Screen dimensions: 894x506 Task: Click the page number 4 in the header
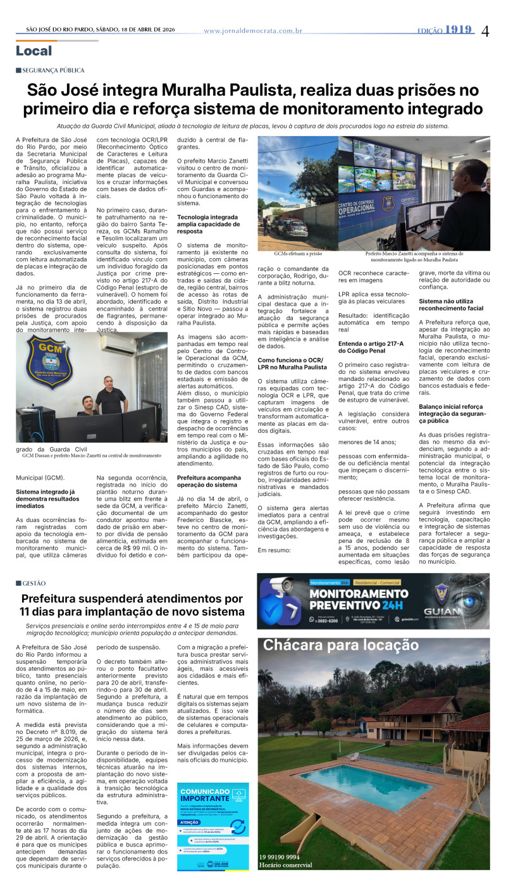(485, 31)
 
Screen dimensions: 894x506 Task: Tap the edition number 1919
(459, 30)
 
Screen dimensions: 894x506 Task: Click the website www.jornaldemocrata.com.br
(253, 30)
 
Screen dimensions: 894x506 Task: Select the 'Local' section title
(34, 51)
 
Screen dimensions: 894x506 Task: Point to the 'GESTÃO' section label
(34, 583)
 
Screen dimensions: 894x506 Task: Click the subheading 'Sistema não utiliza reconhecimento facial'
(452, 304)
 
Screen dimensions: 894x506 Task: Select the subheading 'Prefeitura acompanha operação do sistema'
(209, 463)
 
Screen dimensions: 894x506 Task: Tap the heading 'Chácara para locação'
(341, 645)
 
